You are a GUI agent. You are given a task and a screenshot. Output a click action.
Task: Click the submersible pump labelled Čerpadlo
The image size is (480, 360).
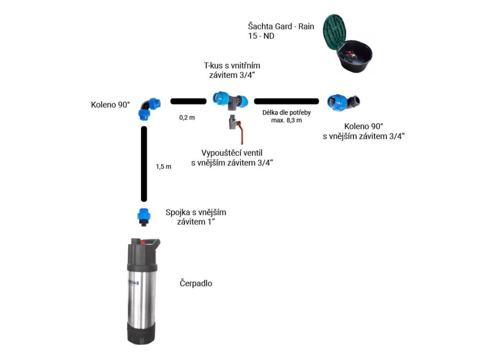coord(142,291)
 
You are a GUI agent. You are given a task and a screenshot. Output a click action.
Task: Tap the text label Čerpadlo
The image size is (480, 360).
coord(196,284)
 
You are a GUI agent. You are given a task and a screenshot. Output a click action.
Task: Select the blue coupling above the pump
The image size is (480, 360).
coord(143,217)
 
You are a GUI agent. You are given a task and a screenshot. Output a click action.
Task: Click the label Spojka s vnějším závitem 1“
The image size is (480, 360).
coord(196,217)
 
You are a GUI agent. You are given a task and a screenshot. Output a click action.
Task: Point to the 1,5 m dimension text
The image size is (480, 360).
coord(164,166)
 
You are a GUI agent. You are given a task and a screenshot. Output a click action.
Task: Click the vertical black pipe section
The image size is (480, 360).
coord(144,164)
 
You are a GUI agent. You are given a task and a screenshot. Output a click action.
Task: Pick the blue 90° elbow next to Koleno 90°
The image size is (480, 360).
coord(149,109)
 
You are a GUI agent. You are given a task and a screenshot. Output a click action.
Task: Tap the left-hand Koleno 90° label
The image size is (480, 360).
coord(110,105)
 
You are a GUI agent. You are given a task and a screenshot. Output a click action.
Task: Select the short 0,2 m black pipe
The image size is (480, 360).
coord(188,101)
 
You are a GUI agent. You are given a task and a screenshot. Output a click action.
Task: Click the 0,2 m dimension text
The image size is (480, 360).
coord(187,118)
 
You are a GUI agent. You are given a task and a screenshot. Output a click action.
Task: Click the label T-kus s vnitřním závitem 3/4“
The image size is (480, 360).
coord(232,70)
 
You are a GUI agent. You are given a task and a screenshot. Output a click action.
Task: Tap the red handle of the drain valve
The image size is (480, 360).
coord(240,132)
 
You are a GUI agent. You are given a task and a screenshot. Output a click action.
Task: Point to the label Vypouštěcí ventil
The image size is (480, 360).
coord(232,153)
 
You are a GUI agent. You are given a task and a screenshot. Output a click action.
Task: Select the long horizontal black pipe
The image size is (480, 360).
coord(286,101)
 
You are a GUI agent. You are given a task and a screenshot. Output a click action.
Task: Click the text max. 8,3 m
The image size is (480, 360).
coord(286,120)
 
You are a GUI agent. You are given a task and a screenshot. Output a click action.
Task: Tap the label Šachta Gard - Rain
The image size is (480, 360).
coord(281,26)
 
